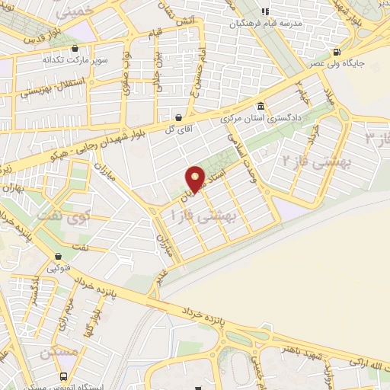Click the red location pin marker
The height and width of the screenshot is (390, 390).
coord(196,178)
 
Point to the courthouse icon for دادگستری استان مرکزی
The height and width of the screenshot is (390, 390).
coord(262,107)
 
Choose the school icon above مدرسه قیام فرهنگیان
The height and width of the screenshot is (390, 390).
coord(266,11)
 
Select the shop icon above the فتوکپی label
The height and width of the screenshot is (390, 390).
coord(58,256)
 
